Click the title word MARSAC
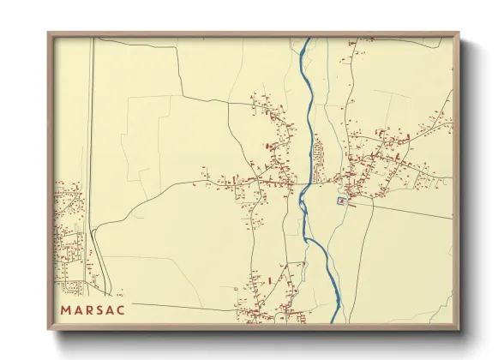pos(93,309)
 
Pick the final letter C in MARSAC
pos(121,309)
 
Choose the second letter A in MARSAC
pos(110,309)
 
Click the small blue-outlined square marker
pos(341,201)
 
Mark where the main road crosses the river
pos(303,182)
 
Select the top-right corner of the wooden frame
pos(459,33)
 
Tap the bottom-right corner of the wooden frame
pos(459,329)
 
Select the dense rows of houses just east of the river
pos(320,155)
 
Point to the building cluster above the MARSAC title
pos(70,231)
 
